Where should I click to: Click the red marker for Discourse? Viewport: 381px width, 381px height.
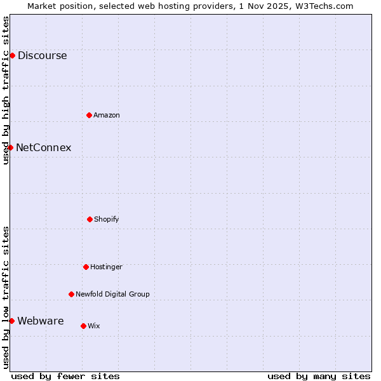12,55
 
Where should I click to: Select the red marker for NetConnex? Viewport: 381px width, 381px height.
10,147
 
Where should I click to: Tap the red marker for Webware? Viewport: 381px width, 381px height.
11,321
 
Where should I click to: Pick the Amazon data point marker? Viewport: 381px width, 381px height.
89,115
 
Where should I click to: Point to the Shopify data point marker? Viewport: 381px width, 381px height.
90,219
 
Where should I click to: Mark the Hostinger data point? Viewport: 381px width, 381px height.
86,267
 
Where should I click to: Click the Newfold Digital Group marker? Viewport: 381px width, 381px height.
71,294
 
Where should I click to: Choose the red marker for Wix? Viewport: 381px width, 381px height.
83,326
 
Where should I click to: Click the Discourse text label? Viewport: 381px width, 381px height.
42,55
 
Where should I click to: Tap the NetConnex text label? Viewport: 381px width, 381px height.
43,147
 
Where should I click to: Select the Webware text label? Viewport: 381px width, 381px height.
40,321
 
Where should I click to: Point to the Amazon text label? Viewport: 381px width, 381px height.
107,115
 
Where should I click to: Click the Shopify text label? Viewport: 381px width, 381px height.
107,219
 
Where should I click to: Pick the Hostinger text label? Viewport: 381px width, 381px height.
106,267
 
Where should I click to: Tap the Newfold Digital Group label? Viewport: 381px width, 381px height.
112,294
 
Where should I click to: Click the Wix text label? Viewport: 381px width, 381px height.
94,326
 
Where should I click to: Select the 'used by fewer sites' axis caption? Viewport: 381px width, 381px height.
65,376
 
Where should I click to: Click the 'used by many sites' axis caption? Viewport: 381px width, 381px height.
319,376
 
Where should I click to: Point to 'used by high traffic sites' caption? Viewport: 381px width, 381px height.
6,90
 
